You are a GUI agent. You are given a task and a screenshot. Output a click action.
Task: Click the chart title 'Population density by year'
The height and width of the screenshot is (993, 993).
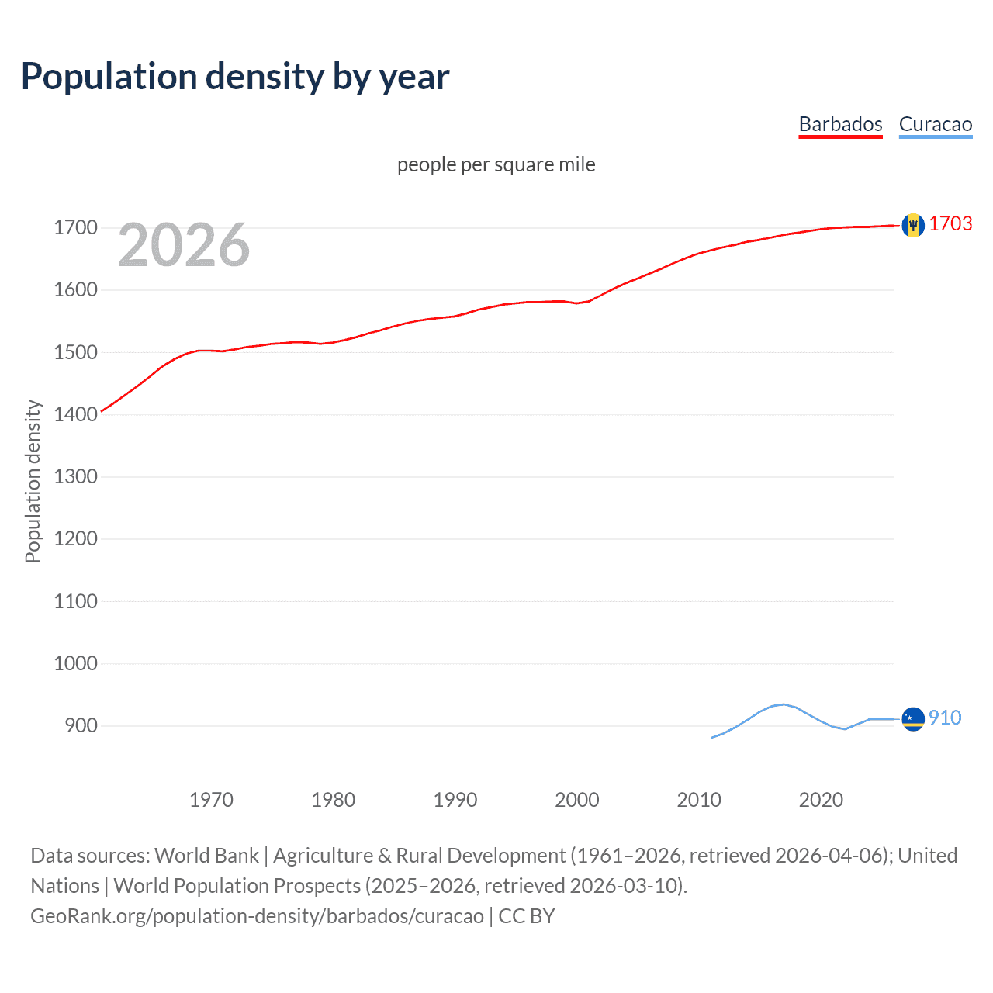pyautogui.click(x=235, y=77)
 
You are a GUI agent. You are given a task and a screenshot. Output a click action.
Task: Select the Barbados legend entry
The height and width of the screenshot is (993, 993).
pyautogui.click(x=840, y=124)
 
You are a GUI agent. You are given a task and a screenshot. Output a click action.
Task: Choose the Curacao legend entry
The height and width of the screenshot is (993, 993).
pyautogui.click(x=935, y=124)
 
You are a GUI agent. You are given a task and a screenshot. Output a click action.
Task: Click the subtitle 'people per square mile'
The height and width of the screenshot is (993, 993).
pyautogui.click(x=496, y=164)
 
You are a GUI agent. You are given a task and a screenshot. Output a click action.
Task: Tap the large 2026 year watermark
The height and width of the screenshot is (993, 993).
pyautogui.click(x=183, y=245)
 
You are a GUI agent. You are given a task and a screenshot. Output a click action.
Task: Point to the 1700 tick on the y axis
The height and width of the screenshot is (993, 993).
pyautogui.click(x=75, y=227)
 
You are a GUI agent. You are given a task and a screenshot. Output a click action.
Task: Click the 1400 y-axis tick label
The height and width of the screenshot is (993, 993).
pyautogui.click(x=75, y=414)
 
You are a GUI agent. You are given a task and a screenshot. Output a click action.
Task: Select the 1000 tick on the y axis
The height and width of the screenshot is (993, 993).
pyautogui.click(x=75, y=663)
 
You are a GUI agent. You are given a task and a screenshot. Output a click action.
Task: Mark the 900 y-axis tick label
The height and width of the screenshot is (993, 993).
pyautogui.click(x=81, y=725)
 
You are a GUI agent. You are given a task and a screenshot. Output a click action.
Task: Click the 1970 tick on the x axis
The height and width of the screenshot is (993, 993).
pyautogui.click(x=211, y=800)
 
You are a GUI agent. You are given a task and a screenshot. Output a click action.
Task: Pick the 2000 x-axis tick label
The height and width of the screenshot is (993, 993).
pyautogui.click(x=576, y=800)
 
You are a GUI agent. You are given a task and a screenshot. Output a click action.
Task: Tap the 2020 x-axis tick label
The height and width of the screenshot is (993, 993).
pyautogui.click(x=821, y=800)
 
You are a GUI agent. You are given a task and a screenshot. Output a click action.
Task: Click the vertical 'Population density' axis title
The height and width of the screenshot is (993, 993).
pyautogui.click(x=33, y=481)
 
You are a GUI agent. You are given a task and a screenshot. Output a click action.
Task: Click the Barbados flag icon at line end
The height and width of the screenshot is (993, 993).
pyautogui.click(x=913, y=225)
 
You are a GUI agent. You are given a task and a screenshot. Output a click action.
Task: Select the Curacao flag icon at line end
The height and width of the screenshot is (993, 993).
pyautogui.click(x=913, y=719)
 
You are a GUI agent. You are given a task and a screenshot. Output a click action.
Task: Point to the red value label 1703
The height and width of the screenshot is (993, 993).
pyautogui.click(x=950, y=224)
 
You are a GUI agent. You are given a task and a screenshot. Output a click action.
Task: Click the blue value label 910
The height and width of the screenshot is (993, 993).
pyautogui.click(x=945, y=718)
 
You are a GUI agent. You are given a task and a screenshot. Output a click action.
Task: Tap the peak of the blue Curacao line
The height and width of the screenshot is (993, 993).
pyautogui.click(x=784, y=704)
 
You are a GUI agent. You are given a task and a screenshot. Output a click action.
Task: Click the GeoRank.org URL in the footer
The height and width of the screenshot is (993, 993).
pyautogui.click(x=257, y=916)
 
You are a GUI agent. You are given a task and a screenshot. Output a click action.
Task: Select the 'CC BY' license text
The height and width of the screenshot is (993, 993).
pyautogui.click(x=527, y=916)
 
